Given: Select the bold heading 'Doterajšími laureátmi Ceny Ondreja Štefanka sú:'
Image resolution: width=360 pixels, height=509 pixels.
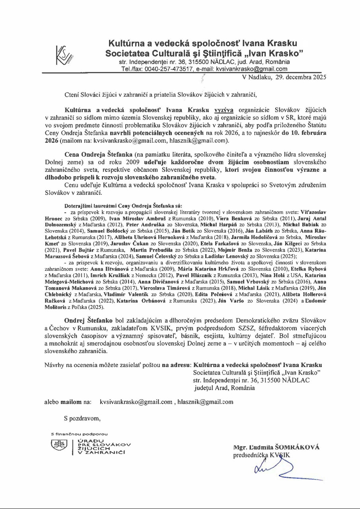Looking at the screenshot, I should pyautogui.click(x=123, y=206).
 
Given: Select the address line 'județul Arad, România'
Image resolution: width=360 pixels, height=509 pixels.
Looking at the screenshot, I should pyautogui.click(x=224, y=388).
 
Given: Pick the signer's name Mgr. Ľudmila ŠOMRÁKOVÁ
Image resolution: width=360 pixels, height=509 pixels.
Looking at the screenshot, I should pyautogui.click(x=276, y=447).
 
